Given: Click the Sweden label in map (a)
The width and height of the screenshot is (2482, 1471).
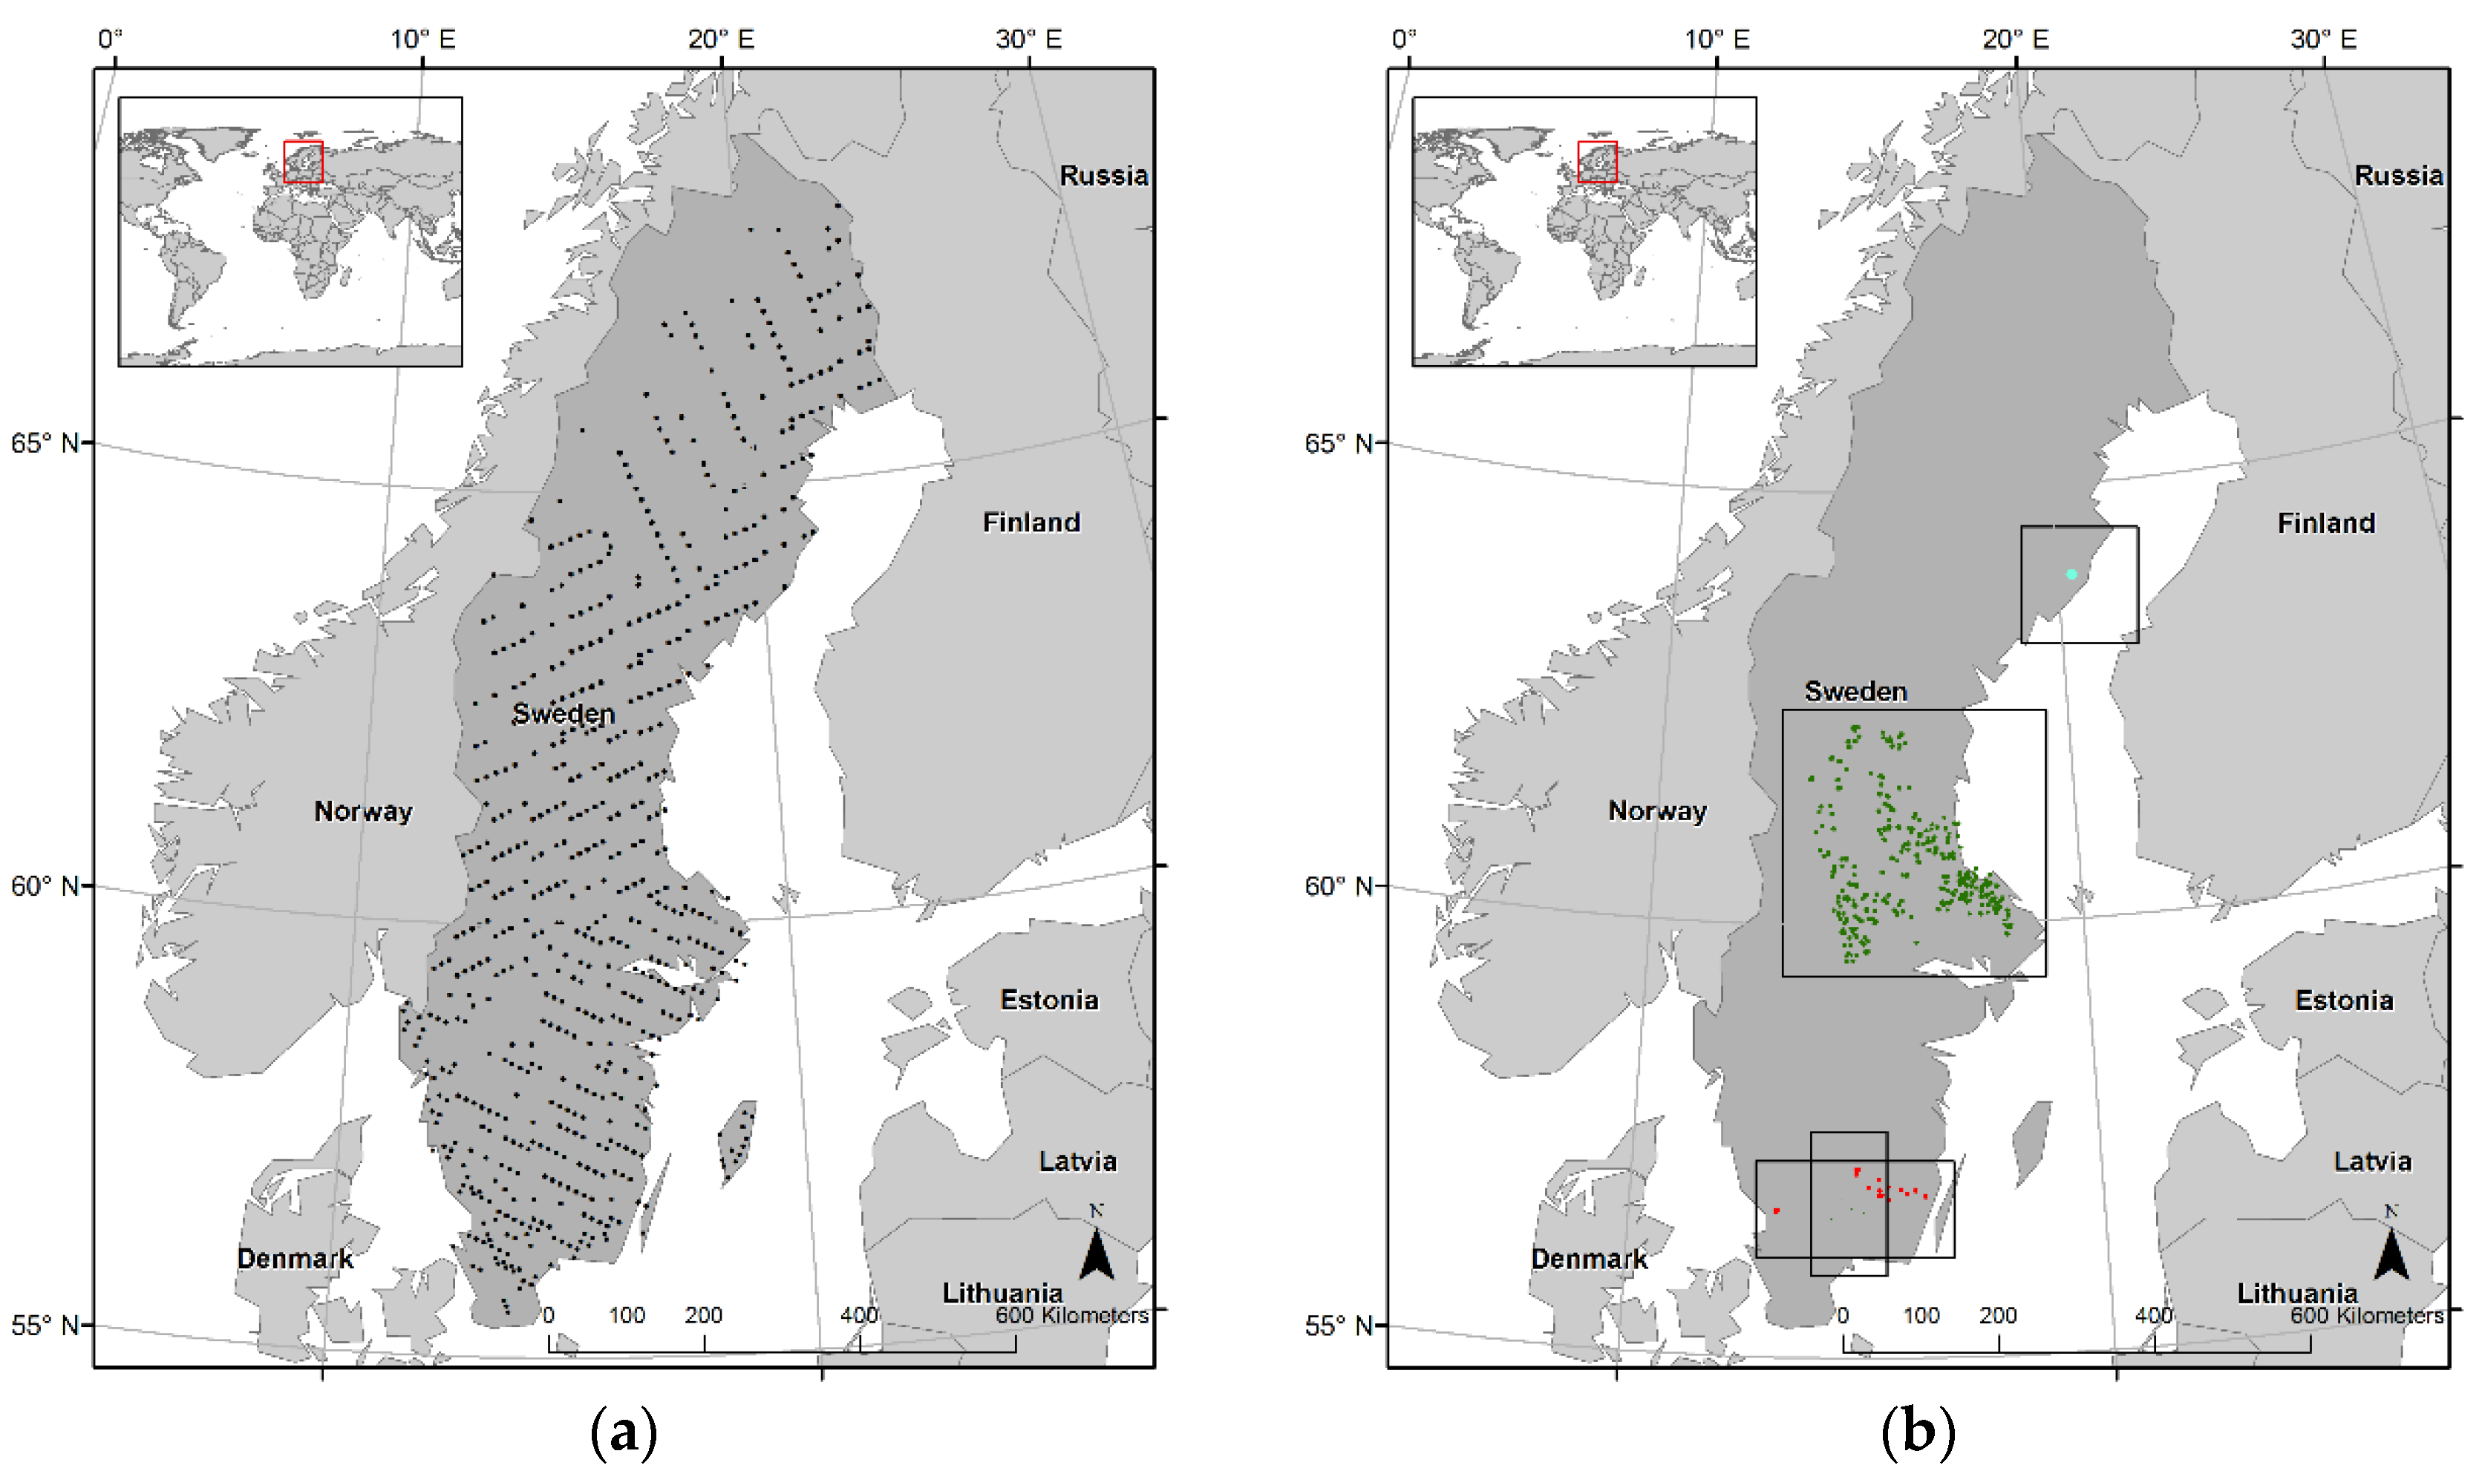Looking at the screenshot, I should pyautogui.click(x=564, y=714).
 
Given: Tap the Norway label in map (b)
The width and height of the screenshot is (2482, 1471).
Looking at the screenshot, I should pyautogui.click(x=1657, y=811).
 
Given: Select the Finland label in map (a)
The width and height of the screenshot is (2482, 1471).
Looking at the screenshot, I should pyautogui.click(x=1031, y=522).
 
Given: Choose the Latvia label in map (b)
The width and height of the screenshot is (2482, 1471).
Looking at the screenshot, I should pyautogui.click(x=2372, y=1161).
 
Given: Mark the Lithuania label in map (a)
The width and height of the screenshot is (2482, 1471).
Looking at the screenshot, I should pyautogui.click(x=1002, y=1293).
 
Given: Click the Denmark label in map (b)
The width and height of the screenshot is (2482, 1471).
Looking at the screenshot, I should pyautogui.click(x=1589, y=1258).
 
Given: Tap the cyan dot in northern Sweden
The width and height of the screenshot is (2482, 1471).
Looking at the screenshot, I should pyautogui.click(x=2071, y=574).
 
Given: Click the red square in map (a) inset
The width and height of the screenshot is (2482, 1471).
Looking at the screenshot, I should pyautogui.click(x=304, y=162).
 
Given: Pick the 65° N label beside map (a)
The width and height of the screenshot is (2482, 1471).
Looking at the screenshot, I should pyautogui.click(x=45, y=443).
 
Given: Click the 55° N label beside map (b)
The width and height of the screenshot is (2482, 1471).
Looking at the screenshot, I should pyautogui.click(x=1339, y=1326).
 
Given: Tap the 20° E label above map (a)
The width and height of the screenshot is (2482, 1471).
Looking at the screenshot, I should pyautogui.click(x=721, y=39).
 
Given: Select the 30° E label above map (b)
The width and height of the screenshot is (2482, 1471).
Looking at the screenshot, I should pyautogui.click(x=2322, y=39).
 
